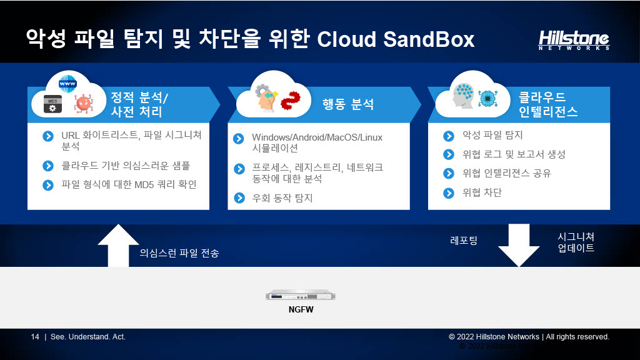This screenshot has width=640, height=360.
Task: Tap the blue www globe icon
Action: (x=67, y=84)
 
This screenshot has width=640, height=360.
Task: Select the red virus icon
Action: (x=84, y=103)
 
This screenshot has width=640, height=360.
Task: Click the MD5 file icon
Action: (x=52, y=104)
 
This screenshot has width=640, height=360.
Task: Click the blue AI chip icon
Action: (x=487, y=99)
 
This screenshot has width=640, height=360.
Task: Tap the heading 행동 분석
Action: (x=347, y=104)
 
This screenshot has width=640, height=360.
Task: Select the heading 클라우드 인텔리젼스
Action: (x=548, y=104)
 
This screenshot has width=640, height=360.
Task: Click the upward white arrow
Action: (x=118, y=246)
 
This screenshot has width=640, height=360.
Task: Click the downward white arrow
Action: (x=519, y=245)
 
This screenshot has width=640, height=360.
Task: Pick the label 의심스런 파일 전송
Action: (x=179, y=253)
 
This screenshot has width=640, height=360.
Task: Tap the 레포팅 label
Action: (x=464, y=241)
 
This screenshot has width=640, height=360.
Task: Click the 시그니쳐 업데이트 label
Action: (x=576, y=242)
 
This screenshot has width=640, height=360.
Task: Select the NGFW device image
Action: (x=301, y=295)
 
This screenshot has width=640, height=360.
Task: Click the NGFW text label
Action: (x=301, y=309)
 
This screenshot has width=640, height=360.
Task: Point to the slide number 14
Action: (x=35, y=337)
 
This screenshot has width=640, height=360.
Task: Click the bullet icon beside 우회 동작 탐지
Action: (x=239, y=198)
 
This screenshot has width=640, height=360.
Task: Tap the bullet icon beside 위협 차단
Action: (x=449, y=192)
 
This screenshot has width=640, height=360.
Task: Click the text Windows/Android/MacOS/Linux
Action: (x=317, y=137)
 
